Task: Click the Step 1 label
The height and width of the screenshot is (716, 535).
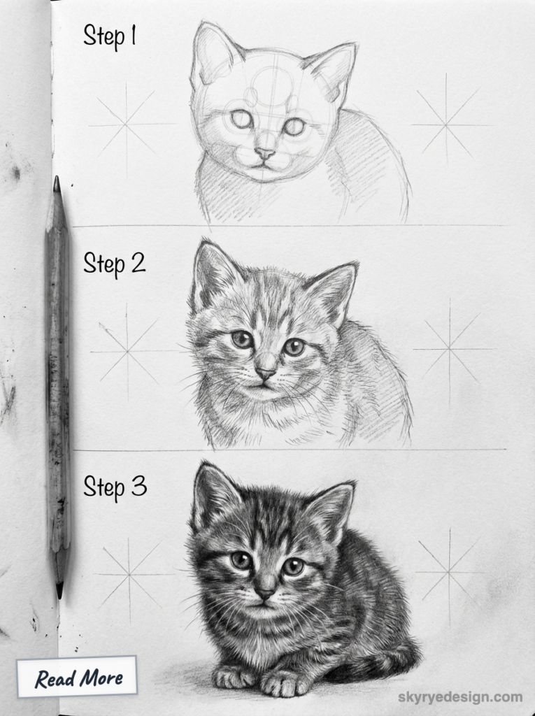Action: click(109, 36)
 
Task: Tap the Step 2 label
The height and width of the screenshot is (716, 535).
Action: click(114, 263)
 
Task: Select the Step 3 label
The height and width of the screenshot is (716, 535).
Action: click(115, 487)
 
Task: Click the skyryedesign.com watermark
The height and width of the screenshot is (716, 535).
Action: click(460, 696)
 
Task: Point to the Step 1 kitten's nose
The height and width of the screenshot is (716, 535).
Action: click(264, 152)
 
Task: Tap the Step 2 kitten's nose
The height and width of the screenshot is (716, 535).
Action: click(265, 373)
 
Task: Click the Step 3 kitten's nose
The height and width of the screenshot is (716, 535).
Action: click(265, 592)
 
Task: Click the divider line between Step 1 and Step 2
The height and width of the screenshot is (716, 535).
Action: click(287, 226)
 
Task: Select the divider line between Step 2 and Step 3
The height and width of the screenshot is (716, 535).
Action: click(287, 450)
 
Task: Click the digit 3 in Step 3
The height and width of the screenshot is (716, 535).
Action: click(138, 487)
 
